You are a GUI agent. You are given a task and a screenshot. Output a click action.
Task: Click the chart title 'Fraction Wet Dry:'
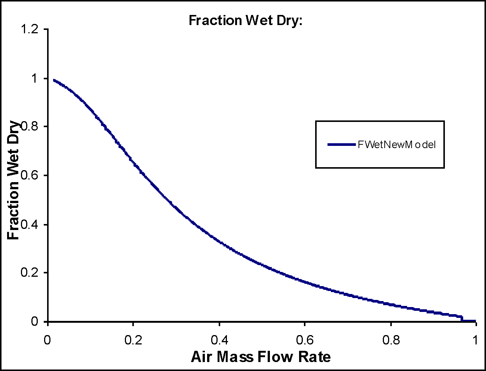[245, 20]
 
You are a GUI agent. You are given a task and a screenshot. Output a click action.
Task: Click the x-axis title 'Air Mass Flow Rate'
[261, 357]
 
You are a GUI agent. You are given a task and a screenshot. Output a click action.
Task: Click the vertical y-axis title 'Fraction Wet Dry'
[13, 180]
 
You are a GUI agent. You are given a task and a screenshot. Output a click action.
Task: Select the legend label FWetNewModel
[396, 144]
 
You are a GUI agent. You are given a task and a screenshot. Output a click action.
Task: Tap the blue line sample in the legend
[341, 144]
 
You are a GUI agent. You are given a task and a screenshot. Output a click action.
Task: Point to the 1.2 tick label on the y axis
[30, 29]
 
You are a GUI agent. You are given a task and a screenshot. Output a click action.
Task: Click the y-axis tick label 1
[34, 78]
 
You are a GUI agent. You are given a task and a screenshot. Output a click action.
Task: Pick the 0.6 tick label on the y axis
[30, 175]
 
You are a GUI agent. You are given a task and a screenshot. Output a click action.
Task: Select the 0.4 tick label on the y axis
[30, 224]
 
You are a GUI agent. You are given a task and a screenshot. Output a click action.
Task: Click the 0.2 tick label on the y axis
[30, 273]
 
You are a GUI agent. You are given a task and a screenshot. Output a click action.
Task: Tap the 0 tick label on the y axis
[34, 322]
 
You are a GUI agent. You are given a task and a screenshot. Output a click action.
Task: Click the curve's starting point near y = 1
[54, 80]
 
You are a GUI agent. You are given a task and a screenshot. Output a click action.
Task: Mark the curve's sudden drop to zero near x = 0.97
[462, 318]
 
